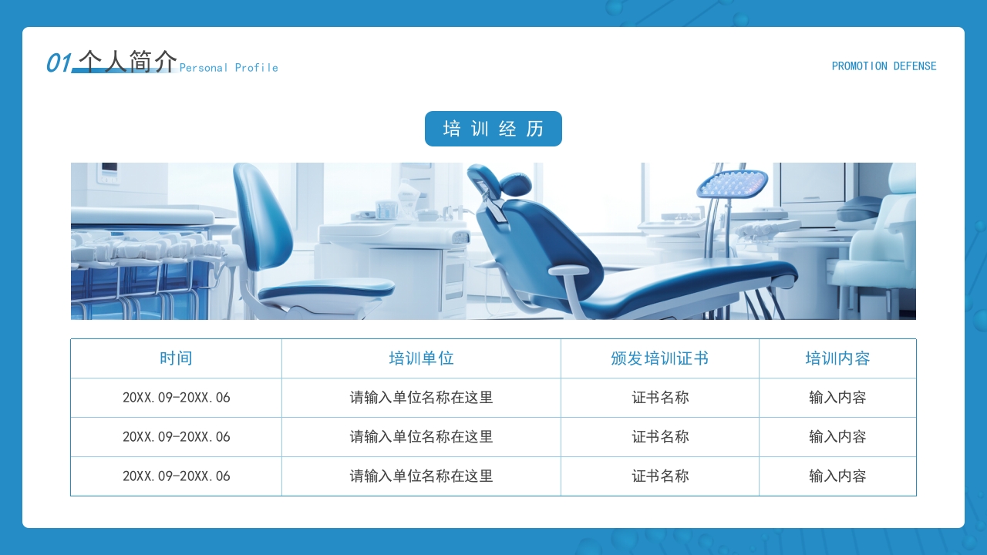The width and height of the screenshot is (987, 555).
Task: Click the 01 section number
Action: coord(59,63)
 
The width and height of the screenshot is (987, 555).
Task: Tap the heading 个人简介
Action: coord(127,62)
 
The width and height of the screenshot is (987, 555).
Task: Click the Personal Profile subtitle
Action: coord(228,68)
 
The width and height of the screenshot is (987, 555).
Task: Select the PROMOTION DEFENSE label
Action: coord(884,66)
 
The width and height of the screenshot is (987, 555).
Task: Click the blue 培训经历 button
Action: coord(493,129)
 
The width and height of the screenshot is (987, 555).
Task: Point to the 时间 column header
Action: coord(176,358)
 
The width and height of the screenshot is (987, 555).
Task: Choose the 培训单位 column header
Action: coord(421,358)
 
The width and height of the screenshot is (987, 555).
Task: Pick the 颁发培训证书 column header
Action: coord(659,358)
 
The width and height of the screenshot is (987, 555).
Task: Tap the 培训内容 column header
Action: coord(837,358)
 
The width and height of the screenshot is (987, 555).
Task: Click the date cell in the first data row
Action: coord(176,398)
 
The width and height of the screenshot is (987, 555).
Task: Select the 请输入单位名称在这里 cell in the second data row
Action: coord(421,437)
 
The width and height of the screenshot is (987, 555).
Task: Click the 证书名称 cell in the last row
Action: coord(660,476)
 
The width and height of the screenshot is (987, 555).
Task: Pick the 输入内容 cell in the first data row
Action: coord(837,398)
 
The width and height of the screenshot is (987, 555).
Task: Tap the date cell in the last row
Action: coord(176,476)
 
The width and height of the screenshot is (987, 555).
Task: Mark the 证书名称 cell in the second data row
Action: coord(660,437)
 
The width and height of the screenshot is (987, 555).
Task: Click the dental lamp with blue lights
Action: coord(732,183)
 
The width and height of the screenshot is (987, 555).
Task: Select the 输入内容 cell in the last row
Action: coord(837,476)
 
